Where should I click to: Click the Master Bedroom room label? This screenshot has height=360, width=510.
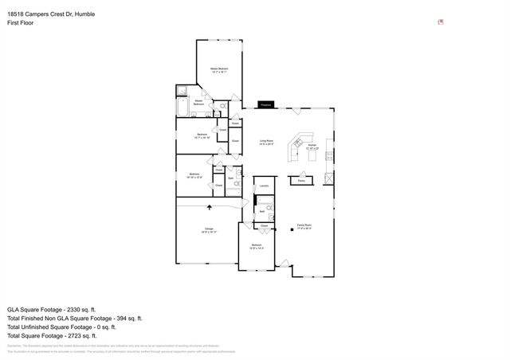pos(219,69)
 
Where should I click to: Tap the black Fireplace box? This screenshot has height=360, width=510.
pos(266,104)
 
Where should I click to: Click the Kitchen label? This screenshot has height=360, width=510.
pos(312,146)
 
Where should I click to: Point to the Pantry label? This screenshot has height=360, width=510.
pos(301,181)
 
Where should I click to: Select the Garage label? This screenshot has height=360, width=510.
pos(210,230)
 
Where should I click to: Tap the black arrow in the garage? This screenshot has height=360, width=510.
pos(210,207)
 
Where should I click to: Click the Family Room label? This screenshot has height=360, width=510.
pos(304,225)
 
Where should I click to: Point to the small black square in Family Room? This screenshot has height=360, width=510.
pos(292,230)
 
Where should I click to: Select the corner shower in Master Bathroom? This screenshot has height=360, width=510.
pos(182,91)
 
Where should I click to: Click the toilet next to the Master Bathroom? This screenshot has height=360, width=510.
pos(222,105)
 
